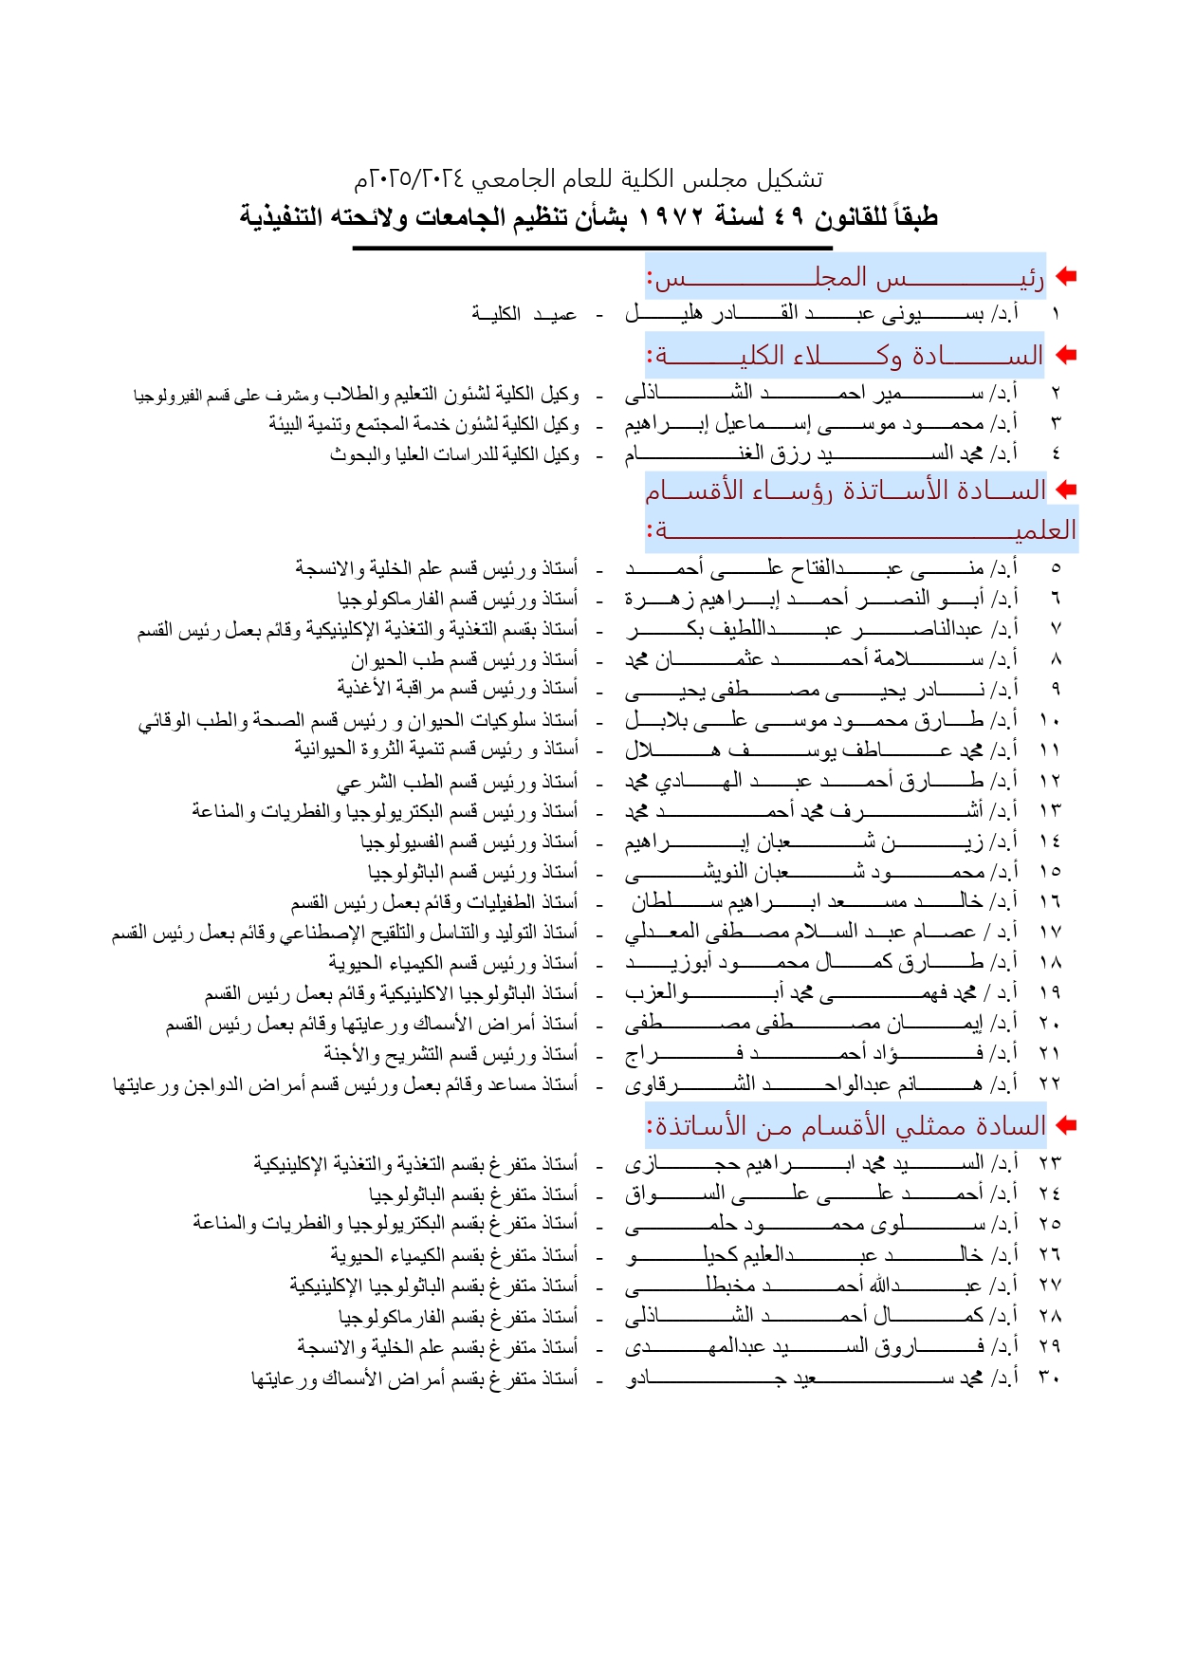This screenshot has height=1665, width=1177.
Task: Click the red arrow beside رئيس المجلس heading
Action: [x=1066, y=276]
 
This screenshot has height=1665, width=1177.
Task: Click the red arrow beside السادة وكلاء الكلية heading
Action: [x=1066, y=355]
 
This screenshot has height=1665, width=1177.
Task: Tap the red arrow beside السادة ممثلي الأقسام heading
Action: [x=1066, y=1125]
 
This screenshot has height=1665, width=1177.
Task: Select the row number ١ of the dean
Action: [x=1055, y=313]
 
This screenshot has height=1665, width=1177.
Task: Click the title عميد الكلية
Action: [x=524, y=313]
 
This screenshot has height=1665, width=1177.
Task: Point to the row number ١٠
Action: [x=1049, y=720]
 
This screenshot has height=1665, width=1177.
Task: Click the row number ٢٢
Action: [x=1049, y=1083]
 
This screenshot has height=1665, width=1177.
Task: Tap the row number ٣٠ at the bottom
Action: [x=1049, y=1378]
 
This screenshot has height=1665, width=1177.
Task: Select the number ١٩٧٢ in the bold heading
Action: [x=670, y=217]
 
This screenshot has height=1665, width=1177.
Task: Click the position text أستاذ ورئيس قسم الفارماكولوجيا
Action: [x=457, y=599]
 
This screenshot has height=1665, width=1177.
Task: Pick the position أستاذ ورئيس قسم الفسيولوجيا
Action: [x=469, y=842]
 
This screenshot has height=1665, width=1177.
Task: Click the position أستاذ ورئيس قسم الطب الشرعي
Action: [x=457, y=782]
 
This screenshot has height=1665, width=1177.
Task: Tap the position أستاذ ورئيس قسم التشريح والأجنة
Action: [x=451, y=1053]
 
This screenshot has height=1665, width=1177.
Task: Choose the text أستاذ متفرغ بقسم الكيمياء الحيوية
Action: [x=454, y=1254]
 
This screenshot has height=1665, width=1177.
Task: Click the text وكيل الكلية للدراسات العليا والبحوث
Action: [x=454, y=454]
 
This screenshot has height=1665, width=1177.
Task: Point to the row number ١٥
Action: [x=1049, y=871]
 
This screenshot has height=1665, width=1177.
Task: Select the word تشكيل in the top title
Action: [x=794, y=179]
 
